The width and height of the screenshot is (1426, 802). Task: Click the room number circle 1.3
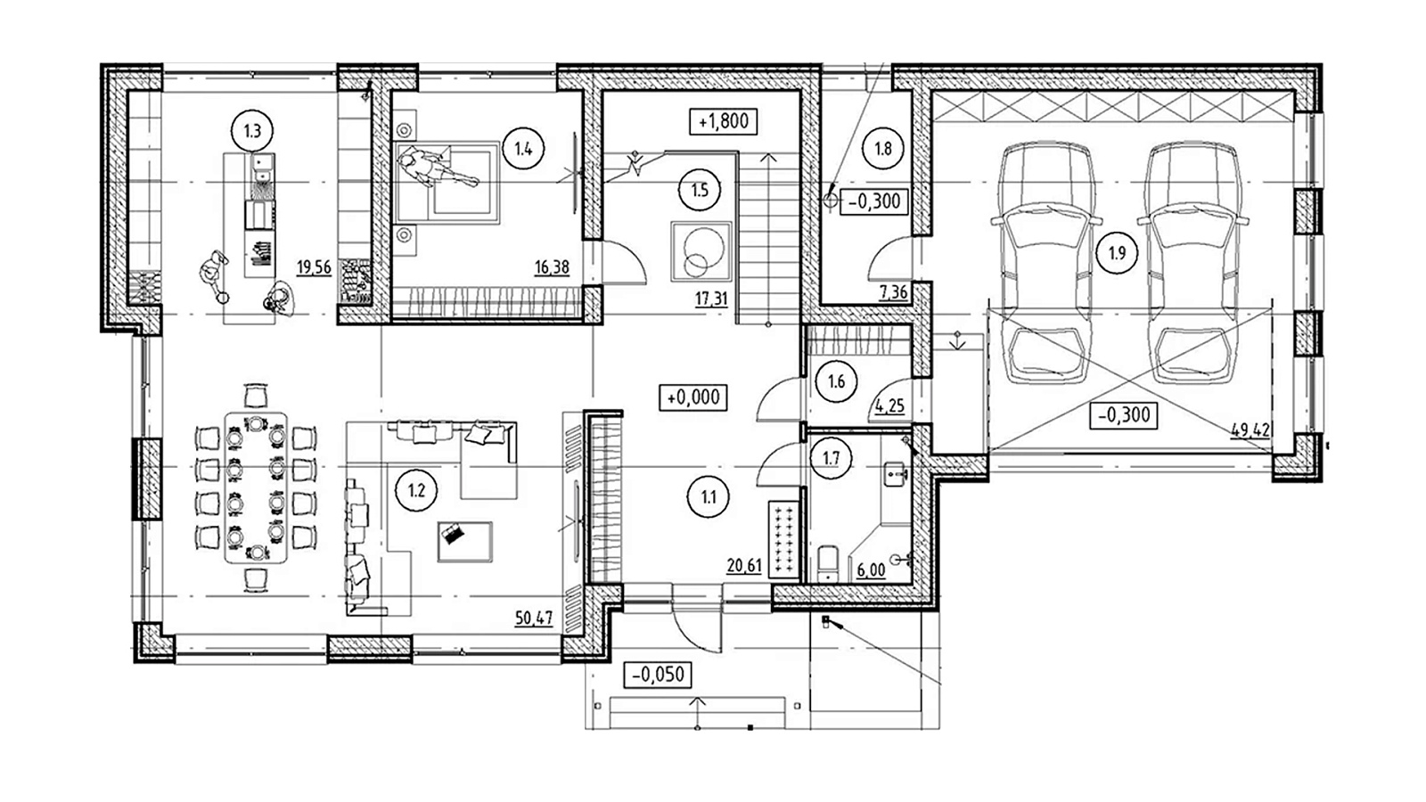(x=253, y=131)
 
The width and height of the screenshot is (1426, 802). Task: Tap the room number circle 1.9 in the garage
(x=1117, y=253)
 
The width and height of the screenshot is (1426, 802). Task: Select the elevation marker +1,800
(x=723, y=121)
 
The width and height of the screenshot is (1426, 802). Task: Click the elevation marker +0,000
(x=693, y=397)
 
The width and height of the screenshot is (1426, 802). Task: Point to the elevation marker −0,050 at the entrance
(x=658, y=675)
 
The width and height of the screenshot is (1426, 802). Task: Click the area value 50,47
(x=534, y=618)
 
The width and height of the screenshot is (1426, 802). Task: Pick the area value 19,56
(x=314, y=266)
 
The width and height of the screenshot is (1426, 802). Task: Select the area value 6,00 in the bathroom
(x=871, y=570)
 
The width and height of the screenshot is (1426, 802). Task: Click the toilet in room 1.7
(x=828, y=563)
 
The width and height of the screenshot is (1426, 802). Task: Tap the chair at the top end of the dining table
(x=256, y=396)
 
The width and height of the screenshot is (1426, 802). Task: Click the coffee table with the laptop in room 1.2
(x=464, y=542)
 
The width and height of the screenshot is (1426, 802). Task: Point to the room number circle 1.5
(x=700, y=190)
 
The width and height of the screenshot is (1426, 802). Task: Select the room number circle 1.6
(x=836, y=381)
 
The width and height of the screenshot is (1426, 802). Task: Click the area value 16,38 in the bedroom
(x=552, y=267)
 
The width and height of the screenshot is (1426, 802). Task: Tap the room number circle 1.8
(x=883, y=149)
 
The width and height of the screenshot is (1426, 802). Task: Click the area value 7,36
(x=893, y=292)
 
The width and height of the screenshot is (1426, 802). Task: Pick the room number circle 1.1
(x=709, y=497)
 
